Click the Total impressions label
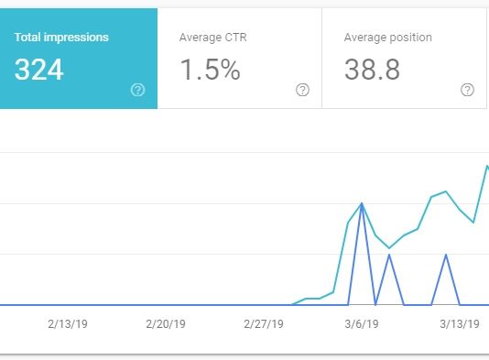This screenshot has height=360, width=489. coord(61,38)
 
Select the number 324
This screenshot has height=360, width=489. coord(39,71)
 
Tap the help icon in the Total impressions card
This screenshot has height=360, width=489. coord(138,90)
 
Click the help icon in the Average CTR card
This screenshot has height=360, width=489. coord(302,90)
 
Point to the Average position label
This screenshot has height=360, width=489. coord(387,38)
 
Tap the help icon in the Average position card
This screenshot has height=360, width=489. coord(467,90)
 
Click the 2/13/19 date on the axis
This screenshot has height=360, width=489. coord(68,324)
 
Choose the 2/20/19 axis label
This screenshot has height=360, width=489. coord(166,324)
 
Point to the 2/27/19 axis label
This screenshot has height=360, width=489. coord(264,324)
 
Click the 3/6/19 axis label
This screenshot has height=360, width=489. coord(362,324)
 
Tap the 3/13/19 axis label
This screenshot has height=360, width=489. coord(460,324)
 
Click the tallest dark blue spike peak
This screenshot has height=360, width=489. coord(363,203)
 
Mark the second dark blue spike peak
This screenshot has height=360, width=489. coord(390,255)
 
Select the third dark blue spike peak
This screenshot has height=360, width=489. coord(446,255)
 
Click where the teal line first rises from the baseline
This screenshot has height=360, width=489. coord(292,304)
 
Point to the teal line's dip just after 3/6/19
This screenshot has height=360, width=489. coord(390,247)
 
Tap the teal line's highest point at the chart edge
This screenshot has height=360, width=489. coord(486,167)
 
